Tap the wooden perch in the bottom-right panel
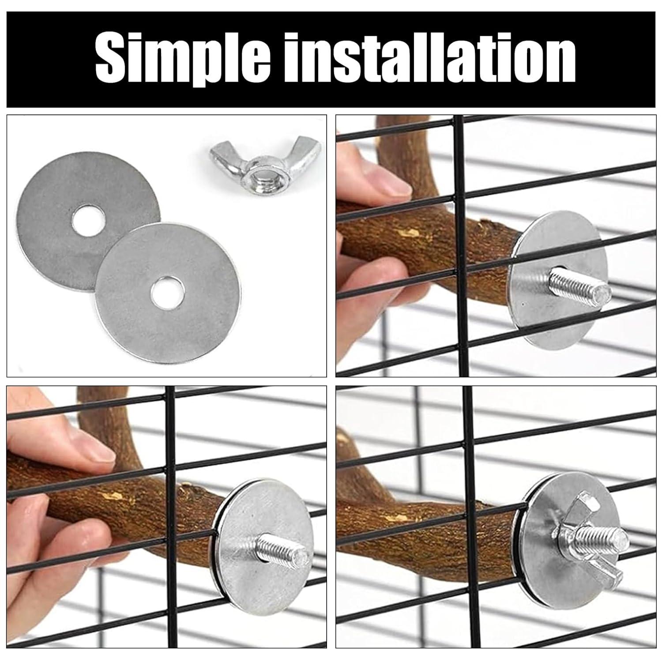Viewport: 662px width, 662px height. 428,516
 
